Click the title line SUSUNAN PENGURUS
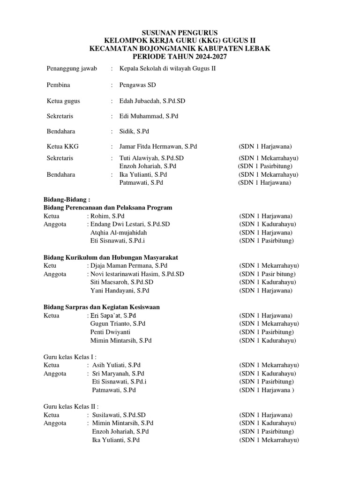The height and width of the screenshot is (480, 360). (180, 32)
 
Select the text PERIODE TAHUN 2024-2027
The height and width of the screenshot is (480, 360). (180, 56)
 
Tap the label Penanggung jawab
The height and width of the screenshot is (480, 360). (72, 68)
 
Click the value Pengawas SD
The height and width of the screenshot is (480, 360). (138, 85)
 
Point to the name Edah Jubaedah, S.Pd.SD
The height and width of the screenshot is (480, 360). (152, 101)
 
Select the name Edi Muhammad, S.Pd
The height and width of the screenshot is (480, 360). (149, 116)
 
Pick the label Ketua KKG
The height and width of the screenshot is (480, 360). (63, 147)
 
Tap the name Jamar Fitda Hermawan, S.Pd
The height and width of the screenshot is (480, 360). (158, 147)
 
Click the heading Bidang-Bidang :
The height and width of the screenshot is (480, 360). (66, 199)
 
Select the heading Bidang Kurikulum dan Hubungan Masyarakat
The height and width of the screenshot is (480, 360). (110, 257)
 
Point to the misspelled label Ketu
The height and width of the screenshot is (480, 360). (50, 265)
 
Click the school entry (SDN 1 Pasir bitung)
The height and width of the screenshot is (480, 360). (267, 274)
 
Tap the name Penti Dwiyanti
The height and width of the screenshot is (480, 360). (110, 332)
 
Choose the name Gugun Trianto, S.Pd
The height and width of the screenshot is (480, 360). (118, 323)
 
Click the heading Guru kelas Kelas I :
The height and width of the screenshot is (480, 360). (70, 357)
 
